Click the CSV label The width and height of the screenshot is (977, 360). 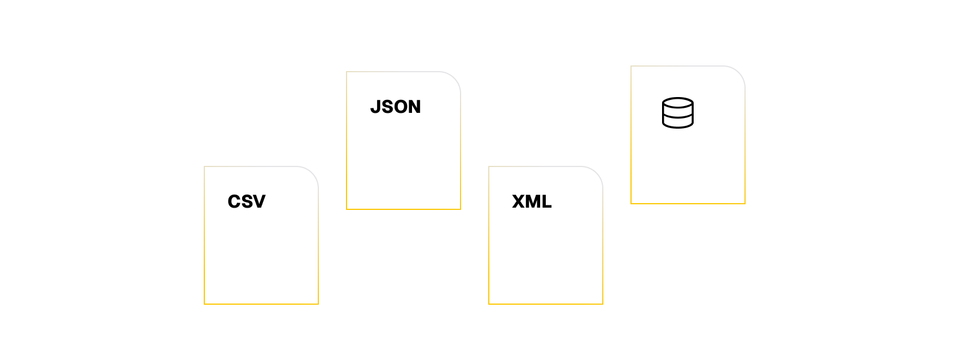pyautogui.click(x=247, y=201)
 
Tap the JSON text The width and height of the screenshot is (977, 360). pyautogui.click(x=396, y=107)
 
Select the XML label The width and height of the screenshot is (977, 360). pyautogui.click(x=532, y=201)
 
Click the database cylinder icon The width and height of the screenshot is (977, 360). pyautogui.click(x=677, y=113)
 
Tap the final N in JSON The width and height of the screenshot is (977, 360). pyautogui.click(x=414, y=107)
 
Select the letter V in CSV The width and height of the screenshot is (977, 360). pyautogui.click(x=259, y=201)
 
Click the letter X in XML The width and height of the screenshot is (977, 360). pyautogui.click(x=519, y=201)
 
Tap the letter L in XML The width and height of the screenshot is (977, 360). pyautogui.click(x=546, y=201)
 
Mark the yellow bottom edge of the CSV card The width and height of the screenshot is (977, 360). pyautogui.click(x=261, y=304)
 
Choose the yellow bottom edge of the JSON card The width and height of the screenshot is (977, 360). pyautogui.click(x=404, y=209)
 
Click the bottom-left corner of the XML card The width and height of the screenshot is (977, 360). pyautogui.click(x=489, y=304)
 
